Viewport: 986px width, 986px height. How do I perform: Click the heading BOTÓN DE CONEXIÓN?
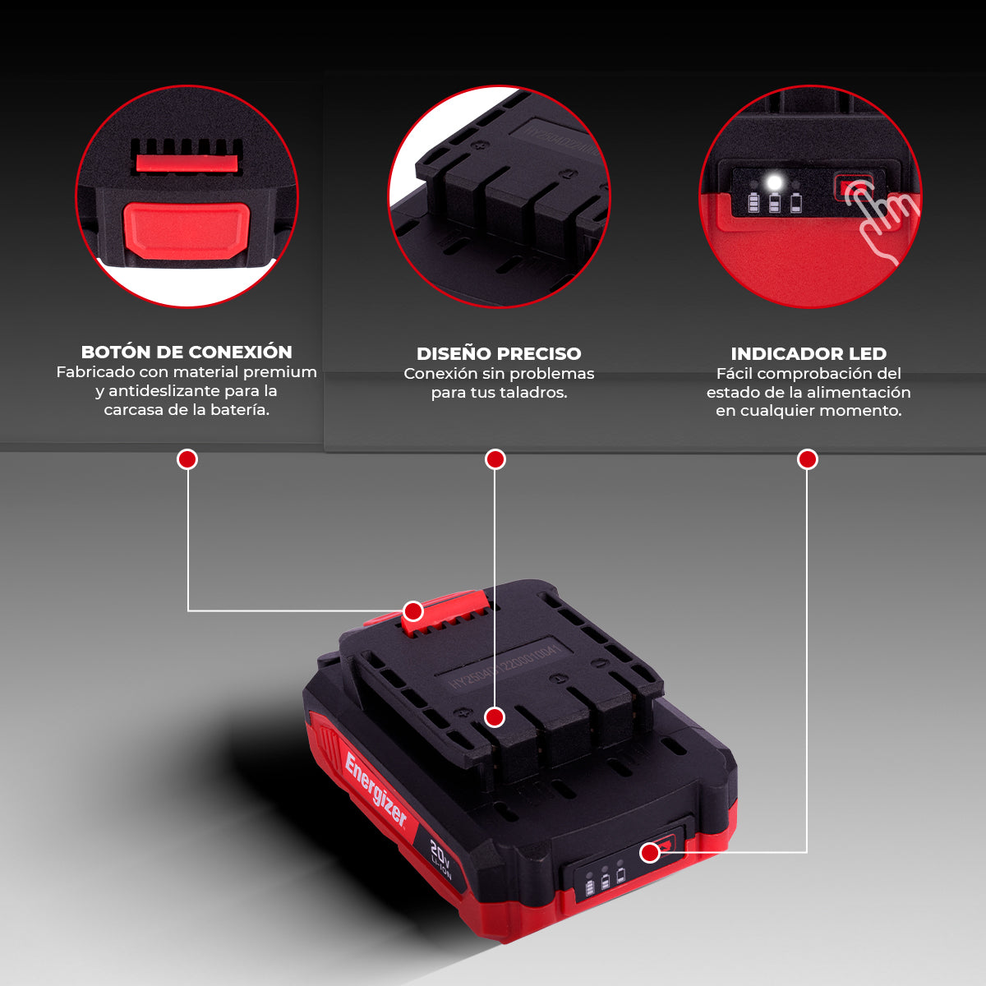[187, 352]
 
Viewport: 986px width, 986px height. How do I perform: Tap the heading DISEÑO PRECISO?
[499, 353]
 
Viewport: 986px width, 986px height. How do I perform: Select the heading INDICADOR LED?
[809, 353]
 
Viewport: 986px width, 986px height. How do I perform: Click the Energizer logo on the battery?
[376, 789]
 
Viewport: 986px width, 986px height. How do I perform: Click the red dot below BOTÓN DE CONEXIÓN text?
[187, 459]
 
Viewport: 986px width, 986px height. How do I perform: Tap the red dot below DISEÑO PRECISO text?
[495, 459]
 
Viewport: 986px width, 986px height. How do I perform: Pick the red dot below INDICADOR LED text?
[807, 459]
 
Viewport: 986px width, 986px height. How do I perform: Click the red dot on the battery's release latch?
[413, 611]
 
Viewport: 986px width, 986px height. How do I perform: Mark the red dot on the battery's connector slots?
[494, 717]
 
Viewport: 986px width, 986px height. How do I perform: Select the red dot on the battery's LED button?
[650, 853]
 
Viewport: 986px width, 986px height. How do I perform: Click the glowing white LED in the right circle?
[773, 182]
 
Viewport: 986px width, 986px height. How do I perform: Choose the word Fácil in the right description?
[734, 374]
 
